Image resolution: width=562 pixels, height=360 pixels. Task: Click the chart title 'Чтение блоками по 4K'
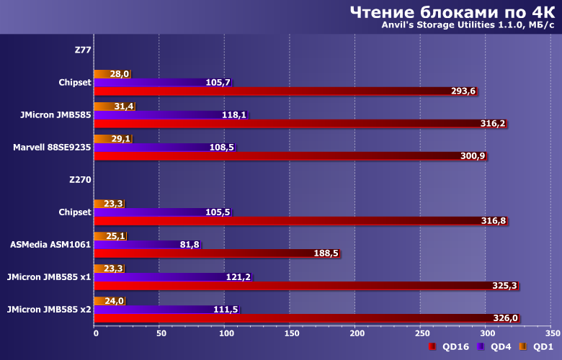(x=452, y=12)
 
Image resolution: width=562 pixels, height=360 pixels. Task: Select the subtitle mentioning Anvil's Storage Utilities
(x=468, y=27)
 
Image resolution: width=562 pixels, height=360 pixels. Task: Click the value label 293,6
(x=464, y=91)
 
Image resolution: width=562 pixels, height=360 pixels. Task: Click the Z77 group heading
(x=83, y=50)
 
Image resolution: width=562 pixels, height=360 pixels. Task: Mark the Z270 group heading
(x=80, y=180)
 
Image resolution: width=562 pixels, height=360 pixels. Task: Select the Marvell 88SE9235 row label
(x=52, y=148)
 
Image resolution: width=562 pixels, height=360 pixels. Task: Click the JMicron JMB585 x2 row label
(x=48, y=310)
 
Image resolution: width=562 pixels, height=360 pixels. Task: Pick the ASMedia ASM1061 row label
(x=50, y=245)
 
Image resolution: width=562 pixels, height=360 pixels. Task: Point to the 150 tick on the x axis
(x=291, y=333)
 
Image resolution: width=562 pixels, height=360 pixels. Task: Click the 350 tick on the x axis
(x=552, y=333)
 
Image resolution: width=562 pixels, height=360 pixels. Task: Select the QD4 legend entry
(x=494, y=347)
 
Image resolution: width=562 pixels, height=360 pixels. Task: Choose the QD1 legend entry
(x=536, y=347)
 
